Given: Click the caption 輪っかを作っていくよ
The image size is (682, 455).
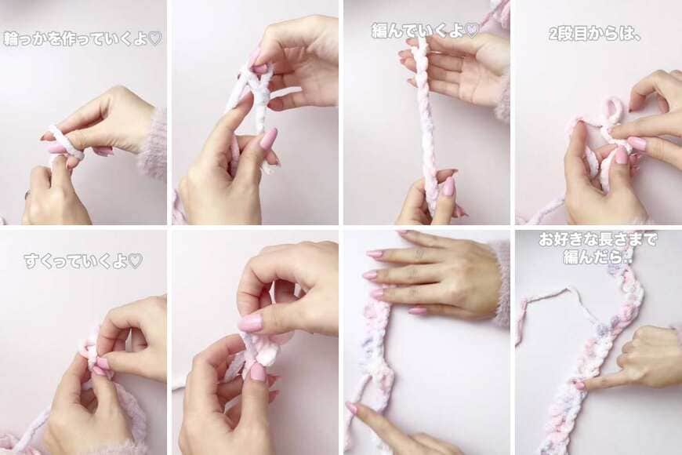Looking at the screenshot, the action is pyautogui.click(x=82, y=38).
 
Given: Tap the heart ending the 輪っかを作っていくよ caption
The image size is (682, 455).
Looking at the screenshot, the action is pyautogui.click(x=155, y=38).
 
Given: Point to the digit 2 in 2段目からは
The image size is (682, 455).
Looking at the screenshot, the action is pyautogui.click(x=553, y=34).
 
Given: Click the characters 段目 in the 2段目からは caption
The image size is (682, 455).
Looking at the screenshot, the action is pyautogui.click(x=573, y=34).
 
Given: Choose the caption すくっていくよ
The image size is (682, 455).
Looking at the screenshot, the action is pyautogui.click(x=83, y=260).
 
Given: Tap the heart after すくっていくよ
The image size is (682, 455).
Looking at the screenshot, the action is pyautogui.click(x=136, y=260).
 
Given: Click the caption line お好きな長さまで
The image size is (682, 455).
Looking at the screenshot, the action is pyautogui.click(x=597, y=239).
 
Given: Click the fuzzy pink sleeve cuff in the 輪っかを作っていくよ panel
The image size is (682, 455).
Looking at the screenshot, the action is pyautogui.click(x=153, y=144).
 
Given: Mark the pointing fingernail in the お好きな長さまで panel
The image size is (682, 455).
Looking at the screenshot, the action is pyautogui.click(x=579, y=385).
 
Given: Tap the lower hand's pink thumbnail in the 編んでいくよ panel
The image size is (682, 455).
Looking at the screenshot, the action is pyautogui.click(x=448, y=187).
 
